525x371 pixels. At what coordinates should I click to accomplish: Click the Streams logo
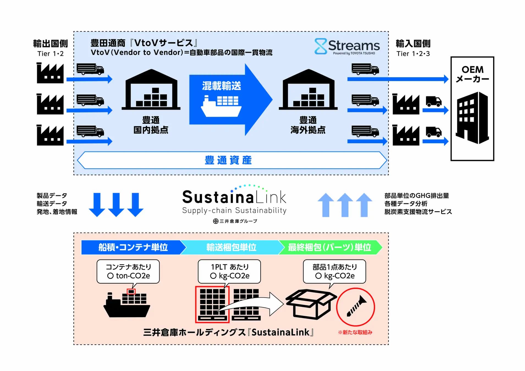(347, 46)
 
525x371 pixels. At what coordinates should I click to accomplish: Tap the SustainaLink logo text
(234, 197)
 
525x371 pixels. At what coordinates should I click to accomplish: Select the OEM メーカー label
(472, 74)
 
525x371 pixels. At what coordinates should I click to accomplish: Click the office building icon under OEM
(472, 118)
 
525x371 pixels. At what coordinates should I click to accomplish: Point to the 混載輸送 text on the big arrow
(221, 86)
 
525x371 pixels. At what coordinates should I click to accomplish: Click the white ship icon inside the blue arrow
(221, 106)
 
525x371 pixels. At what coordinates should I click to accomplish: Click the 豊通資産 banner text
(228, 160)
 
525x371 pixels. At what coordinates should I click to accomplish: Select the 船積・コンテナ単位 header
(133, 247)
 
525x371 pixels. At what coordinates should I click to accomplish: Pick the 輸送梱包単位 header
(231, 247)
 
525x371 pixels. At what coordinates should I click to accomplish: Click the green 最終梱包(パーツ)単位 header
(329, 247)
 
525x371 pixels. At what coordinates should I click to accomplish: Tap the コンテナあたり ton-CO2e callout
(128, 271)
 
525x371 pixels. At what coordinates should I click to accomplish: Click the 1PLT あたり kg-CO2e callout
(229, 271)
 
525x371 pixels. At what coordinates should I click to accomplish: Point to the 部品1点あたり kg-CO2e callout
(334, 271)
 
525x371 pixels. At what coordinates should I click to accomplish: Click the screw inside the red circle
(356, 306)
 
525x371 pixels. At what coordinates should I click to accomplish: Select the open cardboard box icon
(311, 304)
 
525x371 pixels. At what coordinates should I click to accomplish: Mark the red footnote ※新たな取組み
(355, 332)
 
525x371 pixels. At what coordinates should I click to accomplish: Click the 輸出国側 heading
(50, 43)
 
